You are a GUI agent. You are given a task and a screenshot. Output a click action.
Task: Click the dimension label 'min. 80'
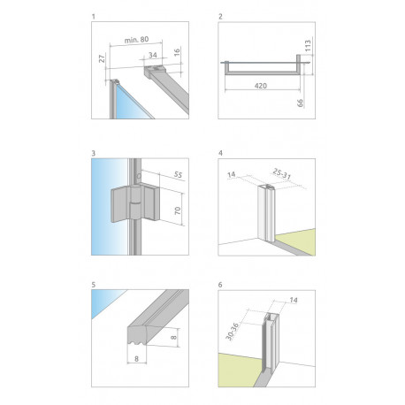point(136,40)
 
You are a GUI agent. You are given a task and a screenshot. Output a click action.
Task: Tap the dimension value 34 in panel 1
point(153,55)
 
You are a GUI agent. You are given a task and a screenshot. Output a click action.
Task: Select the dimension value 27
point(102,58)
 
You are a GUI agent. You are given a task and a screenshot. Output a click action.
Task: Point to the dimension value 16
point(177,52)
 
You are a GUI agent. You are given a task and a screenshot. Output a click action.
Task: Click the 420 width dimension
point(261,86)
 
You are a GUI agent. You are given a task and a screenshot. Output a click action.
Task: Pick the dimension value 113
point(308,46)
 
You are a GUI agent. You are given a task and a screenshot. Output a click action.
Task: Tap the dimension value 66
point(300,103)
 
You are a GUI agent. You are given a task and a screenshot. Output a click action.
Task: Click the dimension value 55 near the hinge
point(178,174)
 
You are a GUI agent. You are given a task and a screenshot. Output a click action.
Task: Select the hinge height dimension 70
point(178,210)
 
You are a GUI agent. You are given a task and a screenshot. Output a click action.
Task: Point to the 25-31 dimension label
point(282,174)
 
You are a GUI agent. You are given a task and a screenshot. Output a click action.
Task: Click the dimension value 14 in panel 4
point(232,174)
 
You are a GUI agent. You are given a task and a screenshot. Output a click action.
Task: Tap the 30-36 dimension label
point(232,332)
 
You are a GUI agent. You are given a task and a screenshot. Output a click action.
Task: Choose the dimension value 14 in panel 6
point(294,300)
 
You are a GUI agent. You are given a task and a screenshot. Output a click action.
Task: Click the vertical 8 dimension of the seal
point(174,337)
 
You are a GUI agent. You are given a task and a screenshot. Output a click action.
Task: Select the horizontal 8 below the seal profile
point(136,359)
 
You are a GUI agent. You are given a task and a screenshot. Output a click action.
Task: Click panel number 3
point(94,153)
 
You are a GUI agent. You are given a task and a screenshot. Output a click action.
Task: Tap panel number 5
point(94,285)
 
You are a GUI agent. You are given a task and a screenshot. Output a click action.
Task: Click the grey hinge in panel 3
point(135,204)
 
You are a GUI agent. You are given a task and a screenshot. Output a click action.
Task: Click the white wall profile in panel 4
point(266,212)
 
